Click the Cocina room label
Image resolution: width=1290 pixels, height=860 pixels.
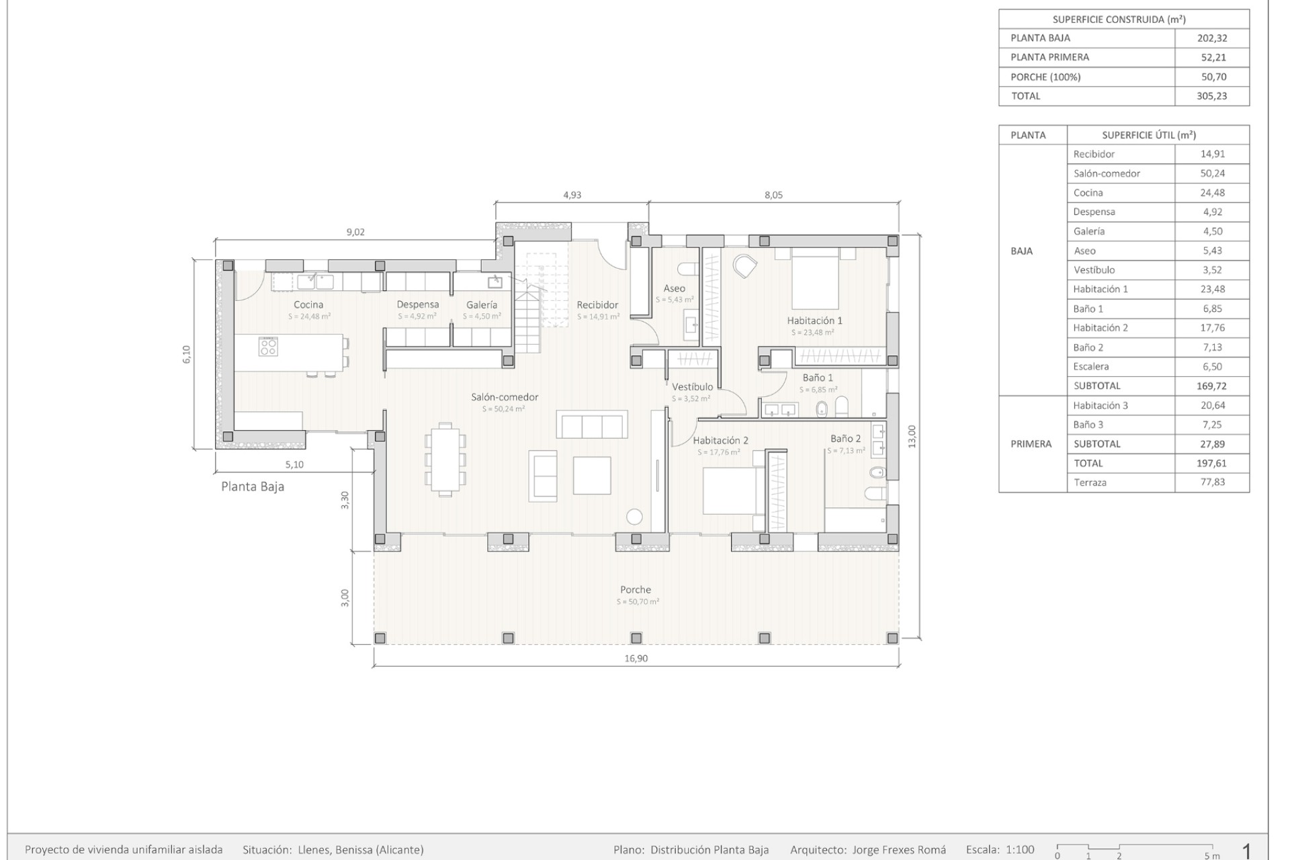[x=308, y=304]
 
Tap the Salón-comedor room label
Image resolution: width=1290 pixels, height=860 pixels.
[x=505, y=397]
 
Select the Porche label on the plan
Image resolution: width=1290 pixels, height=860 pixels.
[x=636, y=589]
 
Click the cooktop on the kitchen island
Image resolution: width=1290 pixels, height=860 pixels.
[x=268, y=347]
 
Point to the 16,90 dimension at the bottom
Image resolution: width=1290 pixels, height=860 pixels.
[x=636, y=658]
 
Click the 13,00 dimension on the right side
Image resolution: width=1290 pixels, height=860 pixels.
[x=912, y=437]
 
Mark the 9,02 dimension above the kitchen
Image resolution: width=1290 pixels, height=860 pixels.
[x=355, y=232]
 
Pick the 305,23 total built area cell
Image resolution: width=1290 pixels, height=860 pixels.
[x=1212, y=96]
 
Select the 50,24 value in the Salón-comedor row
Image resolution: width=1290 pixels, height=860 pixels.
[x=1212, y=173]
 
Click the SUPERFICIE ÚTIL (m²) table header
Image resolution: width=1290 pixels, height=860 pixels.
[x=1149, y=135]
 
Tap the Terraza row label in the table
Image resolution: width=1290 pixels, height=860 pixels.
[x=1090, y=482]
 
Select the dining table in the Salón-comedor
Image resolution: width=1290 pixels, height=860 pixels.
[x=445, y=459]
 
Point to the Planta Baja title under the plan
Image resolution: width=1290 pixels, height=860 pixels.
[x=253, y=486]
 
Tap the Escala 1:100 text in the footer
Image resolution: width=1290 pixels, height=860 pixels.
[x=1000, y=850]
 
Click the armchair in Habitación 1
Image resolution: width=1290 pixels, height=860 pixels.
[x=744, y=267]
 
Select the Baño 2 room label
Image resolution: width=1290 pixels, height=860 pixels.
[x=845, y=439]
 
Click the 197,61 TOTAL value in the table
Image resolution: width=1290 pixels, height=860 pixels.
[x=1212, y=463]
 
